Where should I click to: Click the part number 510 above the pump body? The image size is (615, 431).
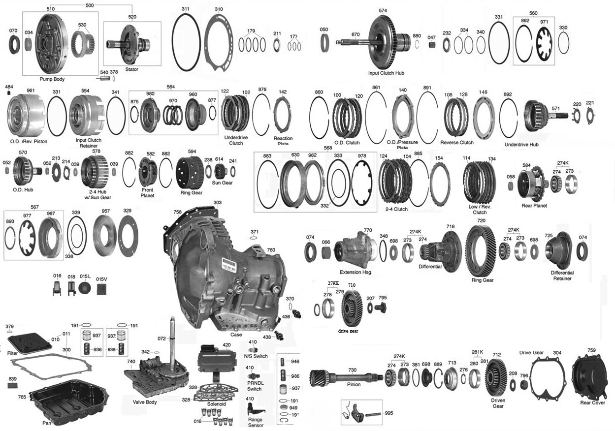point(51,9)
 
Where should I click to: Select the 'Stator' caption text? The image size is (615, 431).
point(131,69)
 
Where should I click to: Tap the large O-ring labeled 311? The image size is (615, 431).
point(186,45)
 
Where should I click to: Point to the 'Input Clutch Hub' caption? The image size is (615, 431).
point(386,73)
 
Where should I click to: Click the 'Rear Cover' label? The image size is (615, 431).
point(592,403)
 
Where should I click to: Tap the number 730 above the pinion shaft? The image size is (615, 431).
point(352,370)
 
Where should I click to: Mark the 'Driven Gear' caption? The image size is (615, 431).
point(498,403)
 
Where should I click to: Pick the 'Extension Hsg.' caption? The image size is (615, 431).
point(356,272)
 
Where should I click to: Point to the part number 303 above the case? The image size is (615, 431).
point(217,203)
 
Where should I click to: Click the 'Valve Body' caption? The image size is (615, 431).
point(145,402)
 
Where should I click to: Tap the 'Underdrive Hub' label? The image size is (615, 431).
point(523,145)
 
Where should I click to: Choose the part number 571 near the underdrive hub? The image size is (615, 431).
point(555,108)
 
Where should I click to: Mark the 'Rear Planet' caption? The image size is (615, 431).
point(534,206)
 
